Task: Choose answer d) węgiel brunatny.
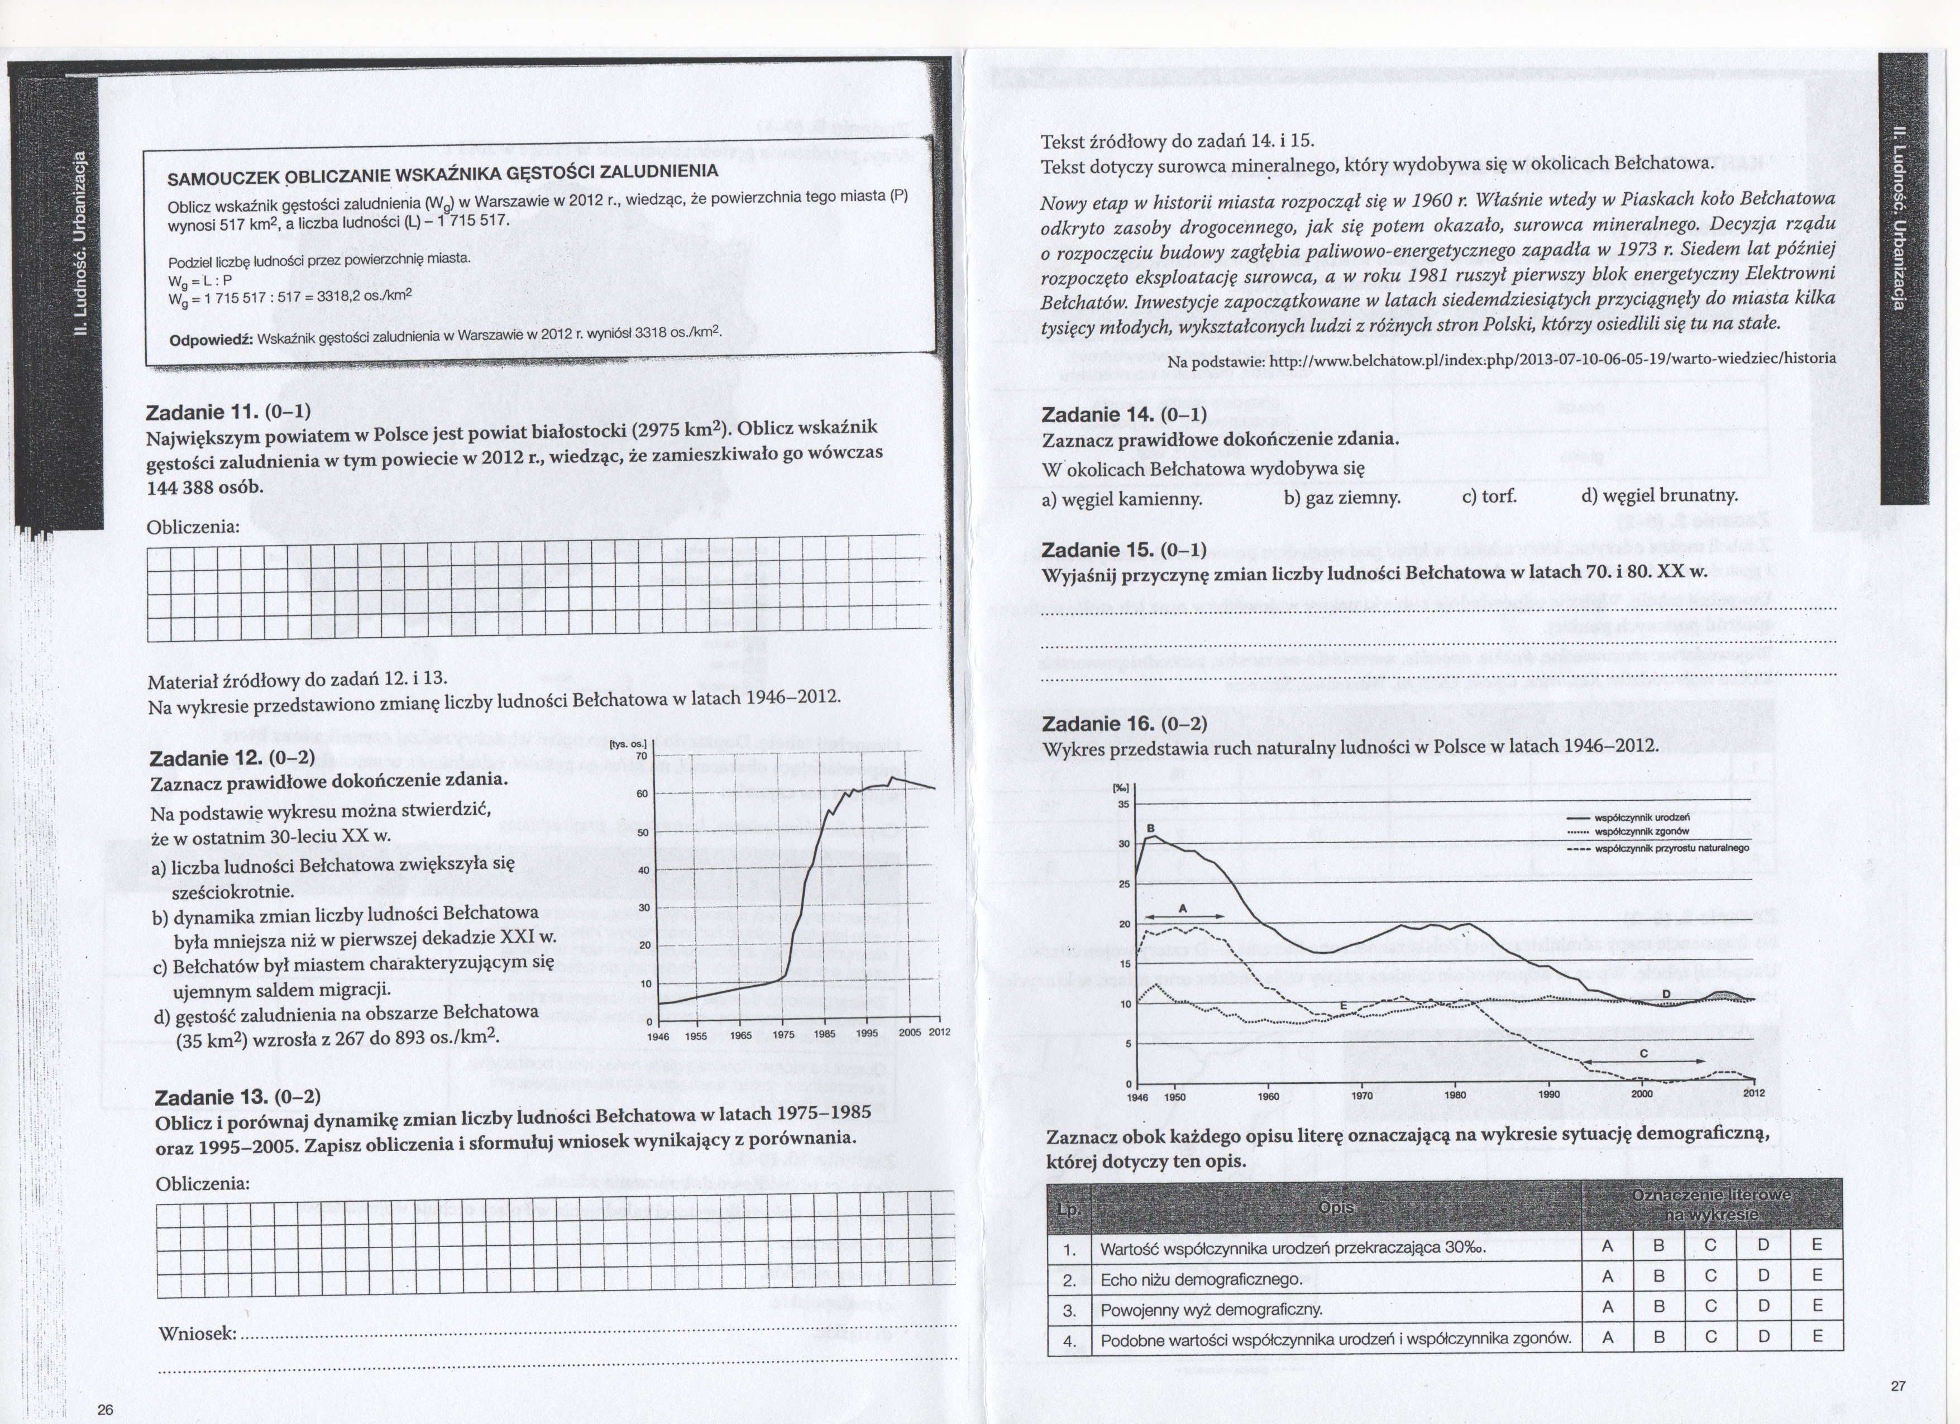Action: point(1659,495)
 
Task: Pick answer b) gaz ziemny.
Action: point(1341,498)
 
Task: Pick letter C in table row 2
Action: point(1711,1275)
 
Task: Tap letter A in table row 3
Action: point(1608,1307)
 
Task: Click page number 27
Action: point(1898,1387)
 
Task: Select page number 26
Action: point(106,1410)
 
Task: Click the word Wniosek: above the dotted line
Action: point(198,1334)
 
